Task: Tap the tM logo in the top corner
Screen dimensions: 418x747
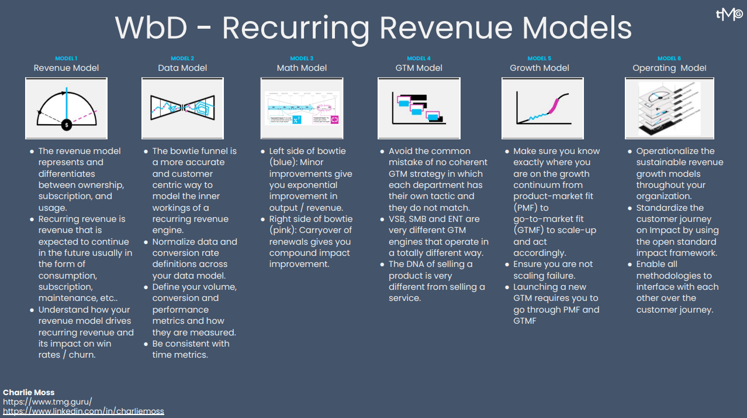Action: (729, 14)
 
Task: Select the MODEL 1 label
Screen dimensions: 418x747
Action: (66, 59)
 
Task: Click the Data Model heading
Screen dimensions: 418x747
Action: (182, 68)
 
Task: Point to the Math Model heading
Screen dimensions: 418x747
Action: (302, 68)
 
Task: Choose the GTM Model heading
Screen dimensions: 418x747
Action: (419, 68)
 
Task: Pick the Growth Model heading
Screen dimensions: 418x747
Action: (539, 68)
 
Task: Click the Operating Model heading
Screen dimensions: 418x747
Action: (669, 68)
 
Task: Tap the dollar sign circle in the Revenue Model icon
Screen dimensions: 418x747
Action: (67, 125)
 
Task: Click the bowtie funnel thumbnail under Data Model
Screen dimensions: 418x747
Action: (182, 108)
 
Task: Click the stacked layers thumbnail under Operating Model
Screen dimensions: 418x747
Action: (669, 108)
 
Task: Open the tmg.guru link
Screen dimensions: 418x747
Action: (47, 402)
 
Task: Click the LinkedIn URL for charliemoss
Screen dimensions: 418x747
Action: (84, 411)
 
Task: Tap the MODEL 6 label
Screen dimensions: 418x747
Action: (669, 59)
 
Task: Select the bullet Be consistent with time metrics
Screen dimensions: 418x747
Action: (191, 349)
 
